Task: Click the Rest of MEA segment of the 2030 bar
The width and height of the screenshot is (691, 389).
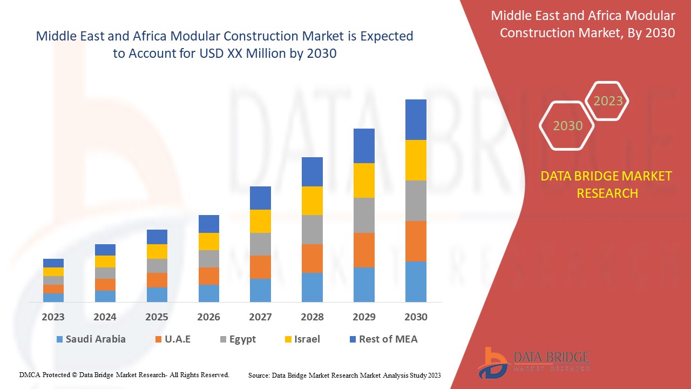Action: click(x=416, y=119)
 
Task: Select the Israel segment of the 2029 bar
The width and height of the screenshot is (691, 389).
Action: click(x=364, y=180)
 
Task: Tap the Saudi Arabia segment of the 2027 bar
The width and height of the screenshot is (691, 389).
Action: click(x=260, y=290)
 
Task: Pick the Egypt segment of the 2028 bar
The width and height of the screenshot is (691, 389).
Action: click(x=312, y=230)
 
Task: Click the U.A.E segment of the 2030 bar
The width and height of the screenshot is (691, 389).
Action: click(x=416, y=241)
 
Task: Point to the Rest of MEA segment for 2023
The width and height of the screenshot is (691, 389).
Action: click(x=53, y=263)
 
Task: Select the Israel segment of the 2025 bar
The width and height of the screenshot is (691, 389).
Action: click(x=157, y=251)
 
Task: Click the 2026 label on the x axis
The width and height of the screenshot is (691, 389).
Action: click(x=208, y=317)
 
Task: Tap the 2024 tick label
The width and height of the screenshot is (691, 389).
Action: click(x=105, y=317)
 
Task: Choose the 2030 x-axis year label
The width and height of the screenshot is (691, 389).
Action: click(x=416, y=317)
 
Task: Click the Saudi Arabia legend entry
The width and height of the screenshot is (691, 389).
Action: click(x=91, y=339)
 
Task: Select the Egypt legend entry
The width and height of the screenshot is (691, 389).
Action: click(x=238, y=339)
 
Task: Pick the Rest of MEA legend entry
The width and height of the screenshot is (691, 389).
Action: click(x=383, y=339)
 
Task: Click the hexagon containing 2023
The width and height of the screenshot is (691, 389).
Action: click(x=608, y=101)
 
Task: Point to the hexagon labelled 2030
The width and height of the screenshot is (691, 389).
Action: click(x=567, y=126)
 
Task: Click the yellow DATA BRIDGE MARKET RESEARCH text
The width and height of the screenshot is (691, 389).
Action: click(x=607, y=184)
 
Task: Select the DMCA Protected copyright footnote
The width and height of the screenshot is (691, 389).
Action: click(x=124, y=374)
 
